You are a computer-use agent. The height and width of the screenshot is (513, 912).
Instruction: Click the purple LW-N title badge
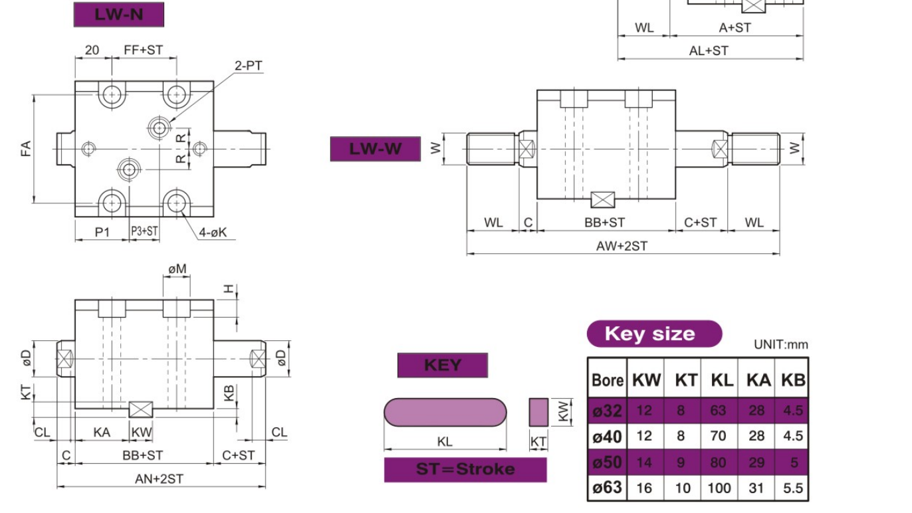pos(118,15)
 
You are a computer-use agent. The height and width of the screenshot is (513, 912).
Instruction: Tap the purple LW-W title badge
pos(376,149)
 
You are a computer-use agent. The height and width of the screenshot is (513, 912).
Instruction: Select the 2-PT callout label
pos(249,66)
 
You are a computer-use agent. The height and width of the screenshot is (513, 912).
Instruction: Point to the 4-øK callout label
pos(213,233)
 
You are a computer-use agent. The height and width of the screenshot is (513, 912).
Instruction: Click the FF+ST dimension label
pos(143,50)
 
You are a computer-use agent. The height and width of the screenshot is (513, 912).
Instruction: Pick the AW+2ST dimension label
pos(622,246)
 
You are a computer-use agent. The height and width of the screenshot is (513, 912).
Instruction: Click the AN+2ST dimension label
pos(160,478)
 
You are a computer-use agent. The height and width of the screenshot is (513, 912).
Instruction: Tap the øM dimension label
pos(177,268)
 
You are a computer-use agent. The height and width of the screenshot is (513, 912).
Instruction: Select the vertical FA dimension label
pos(26,148)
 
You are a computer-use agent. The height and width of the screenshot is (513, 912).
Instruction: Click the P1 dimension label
pos(102,231)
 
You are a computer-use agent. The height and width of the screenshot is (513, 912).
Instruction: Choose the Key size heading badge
pos(653,334)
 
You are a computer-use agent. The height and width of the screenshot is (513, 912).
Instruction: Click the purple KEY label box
pos(442,365)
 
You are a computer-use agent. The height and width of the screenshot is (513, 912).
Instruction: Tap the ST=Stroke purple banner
pos(465,469)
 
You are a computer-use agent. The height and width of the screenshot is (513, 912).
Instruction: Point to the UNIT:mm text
pos(781,344)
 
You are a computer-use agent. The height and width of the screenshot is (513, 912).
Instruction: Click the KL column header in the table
pos(721,380)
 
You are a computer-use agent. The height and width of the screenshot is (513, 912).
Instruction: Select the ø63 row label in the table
pos(607,488)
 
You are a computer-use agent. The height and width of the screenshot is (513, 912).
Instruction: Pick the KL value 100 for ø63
pos(719,488)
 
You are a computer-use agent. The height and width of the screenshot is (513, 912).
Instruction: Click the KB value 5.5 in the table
pos(792,488)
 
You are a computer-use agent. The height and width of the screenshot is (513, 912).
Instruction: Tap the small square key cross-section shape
pos(538,412)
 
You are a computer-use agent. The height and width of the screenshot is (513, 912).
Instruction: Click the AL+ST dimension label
pos(709,51)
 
